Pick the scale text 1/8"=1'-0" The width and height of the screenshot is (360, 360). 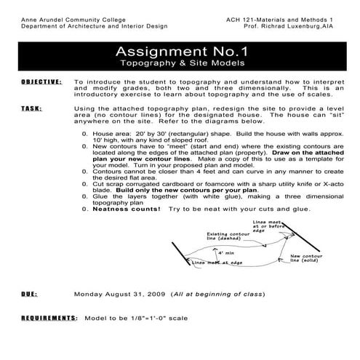(x=157, y=319)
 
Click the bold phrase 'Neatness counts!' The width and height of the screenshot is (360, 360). (x=126, y=208)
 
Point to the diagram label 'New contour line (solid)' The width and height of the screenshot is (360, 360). (x=310, y=260)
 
